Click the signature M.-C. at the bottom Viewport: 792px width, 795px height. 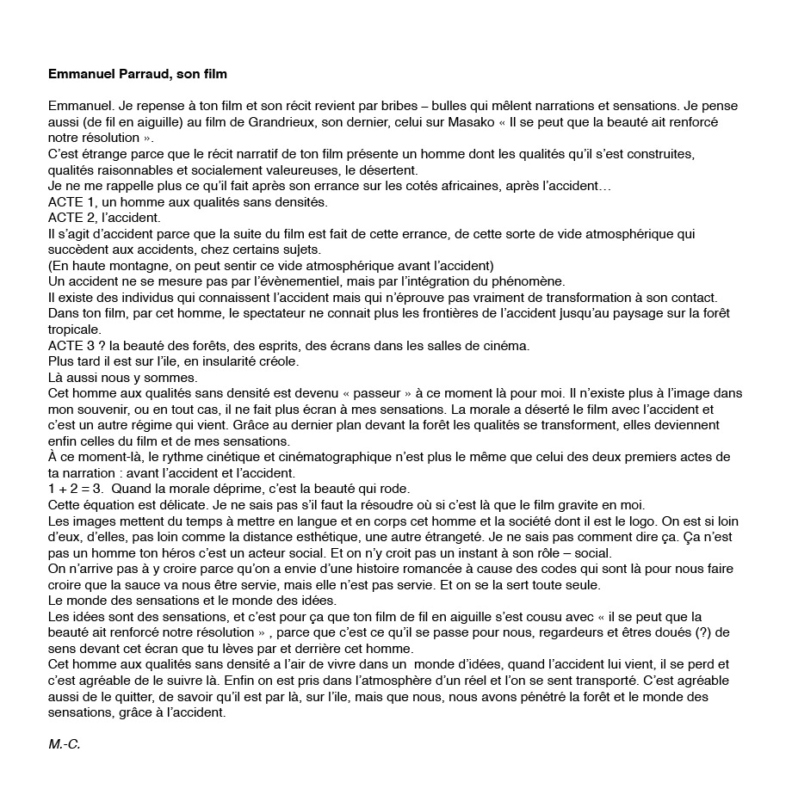tap(64, 744)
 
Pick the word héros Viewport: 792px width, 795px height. tap(154, 552)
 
